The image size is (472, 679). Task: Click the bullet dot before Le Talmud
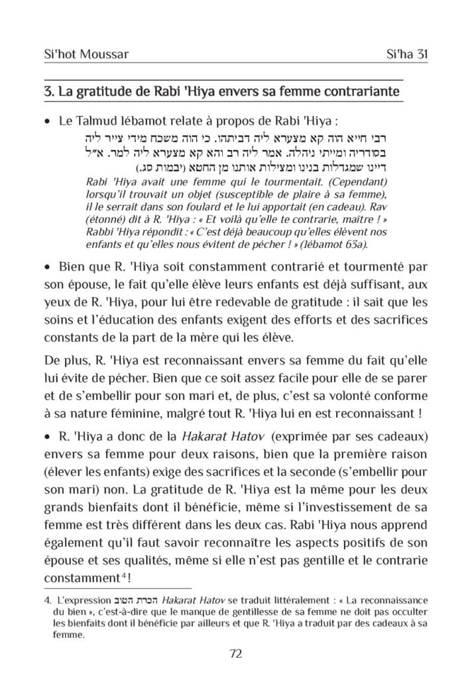[x=46, y=123]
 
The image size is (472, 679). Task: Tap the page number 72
[x=235, y=654]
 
